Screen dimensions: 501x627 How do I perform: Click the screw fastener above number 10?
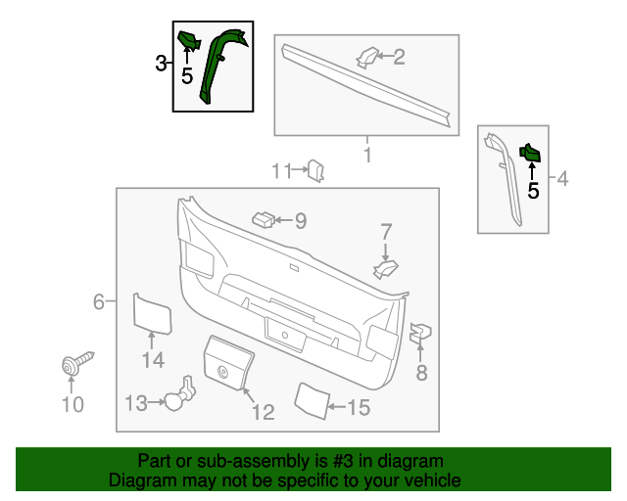[x=73, y=365]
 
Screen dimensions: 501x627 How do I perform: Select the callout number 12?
[x=263, y=413]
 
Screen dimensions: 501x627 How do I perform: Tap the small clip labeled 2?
[x=366, y=58]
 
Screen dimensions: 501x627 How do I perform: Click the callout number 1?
[x=367, y=156]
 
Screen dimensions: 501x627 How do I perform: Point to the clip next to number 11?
[x=315, y=170]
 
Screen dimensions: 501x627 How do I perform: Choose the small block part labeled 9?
[x=263, y=218]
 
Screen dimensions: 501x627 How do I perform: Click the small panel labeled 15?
[x=311, y=398]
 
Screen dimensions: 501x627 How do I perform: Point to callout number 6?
[x=99, y=302]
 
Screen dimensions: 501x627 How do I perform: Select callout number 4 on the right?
[x=562, y=179]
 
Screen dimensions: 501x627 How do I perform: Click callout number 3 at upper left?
[x=162, y=65]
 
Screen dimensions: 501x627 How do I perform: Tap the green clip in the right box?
[x=530, y=153]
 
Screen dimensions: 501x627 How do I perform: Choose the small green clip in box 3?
[x=187, y=40]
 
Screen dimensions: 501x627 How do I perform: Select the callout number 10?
[x=73, y=404]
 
